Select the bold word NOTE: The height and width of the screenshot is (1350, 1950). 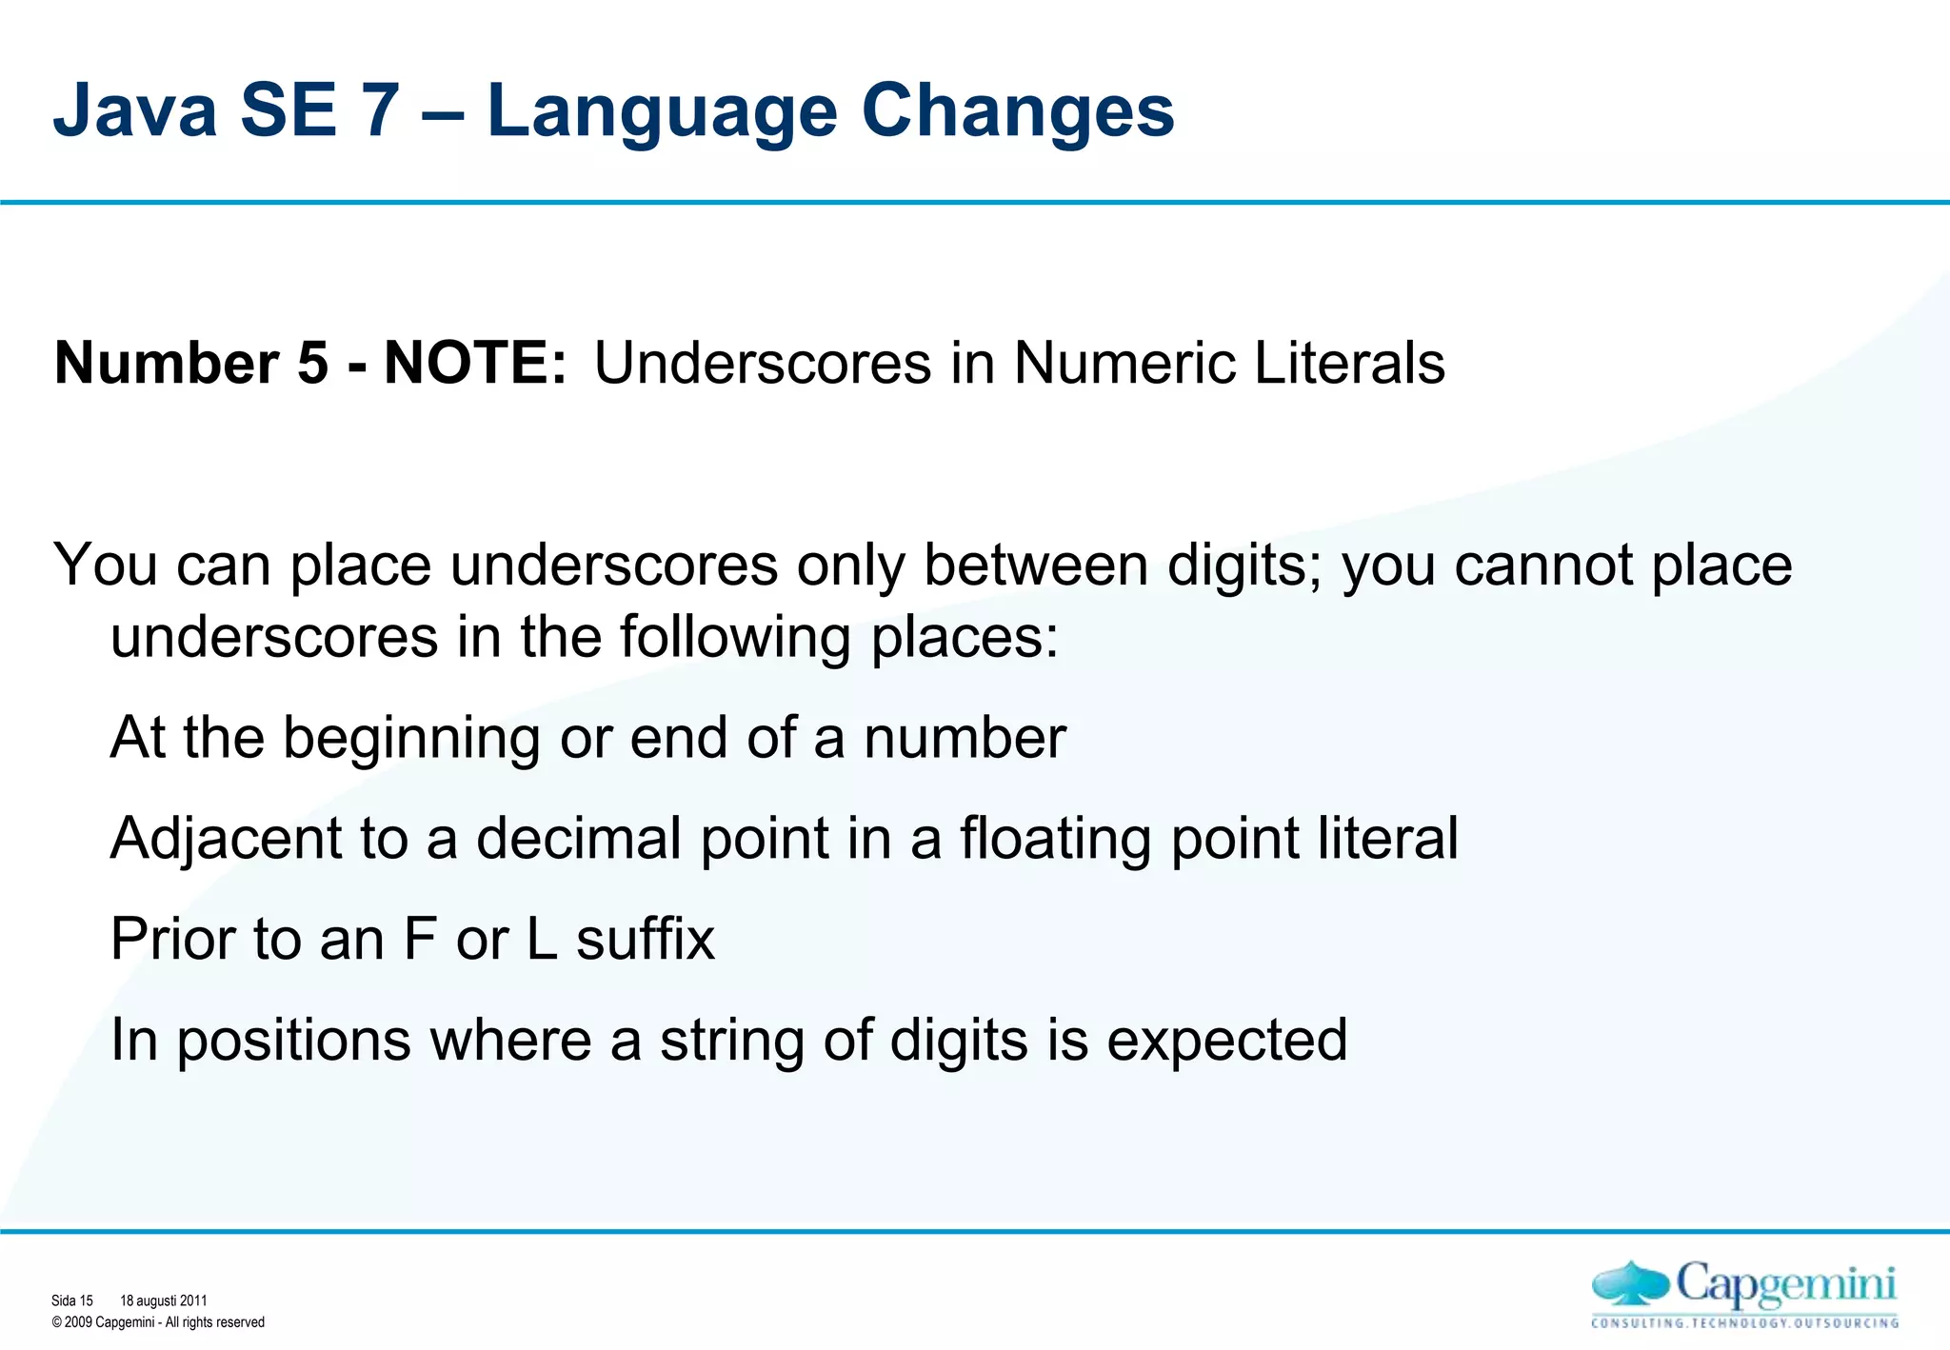pos(475,364)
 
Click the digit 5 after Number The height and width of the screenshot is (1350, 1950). pos(312,364)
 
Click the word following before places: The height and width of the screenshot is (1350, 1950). pos(735,637)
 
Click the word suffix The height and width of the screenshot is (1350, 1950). pos(645,940)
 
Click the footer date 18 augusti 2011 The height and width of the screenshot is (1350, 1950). pos(163,1300)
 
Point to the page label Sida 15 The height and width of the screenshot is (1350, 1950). pos(72,1300)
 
